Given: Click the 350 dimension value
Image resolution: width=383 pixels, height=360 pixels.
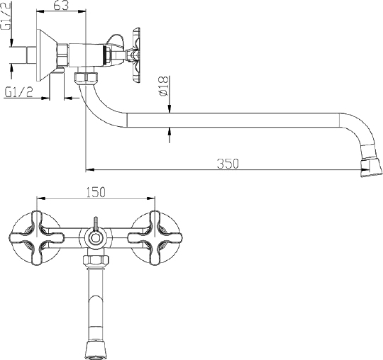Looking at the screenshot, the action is (x=228, y=164).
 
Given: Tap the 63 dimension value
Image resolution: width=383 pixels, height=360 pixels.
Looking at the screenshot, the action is (x=61, y=5).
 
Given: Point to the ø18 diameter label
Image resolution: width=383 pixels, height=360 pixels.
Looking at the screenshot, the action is (x=163, y=86).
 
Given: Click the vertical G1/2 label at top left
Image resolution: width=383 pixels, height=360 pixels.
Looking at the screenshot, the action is (x=6, y=15).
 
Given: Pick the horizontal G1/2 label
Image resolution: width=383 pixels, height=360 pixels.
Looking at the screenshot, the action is (x=19, y=92).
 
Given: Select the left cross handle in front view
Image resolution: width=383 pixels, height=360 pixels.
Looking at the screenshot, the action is (x=36, y=238).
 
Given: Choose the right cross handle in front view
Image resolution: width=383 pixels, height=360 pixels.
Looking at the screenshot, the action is (x=155, y=238).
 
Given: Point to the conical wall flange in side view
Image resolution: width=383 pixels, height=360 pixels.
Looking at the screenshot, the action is (x=46, y=55).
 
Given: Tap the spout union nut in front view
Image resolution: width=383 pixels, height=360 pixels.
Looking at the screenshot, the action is (x=95, y=260).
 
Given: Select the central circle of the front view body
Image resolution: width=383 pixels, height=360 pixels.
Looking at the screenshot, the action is (x=95, y=238).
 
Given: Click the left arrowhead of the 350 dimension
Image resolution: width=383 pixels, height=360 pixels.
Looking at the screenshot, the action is (x=89, y=169).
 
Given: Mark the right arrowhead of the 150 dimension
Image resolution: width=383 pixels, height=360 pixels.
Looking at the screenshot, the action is (x=151, y=198).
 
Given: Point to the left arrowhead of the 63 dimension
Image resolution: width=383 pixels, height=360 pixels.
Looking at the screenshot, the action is (x=40, y=11).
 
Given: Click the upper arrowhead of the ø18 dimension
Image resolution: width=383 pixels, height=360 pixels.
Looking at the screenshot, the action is (x=170, y=109).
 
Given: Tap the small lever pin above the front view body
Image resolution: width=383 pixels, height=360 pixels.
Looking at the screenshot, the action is (x=96, y=223).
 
